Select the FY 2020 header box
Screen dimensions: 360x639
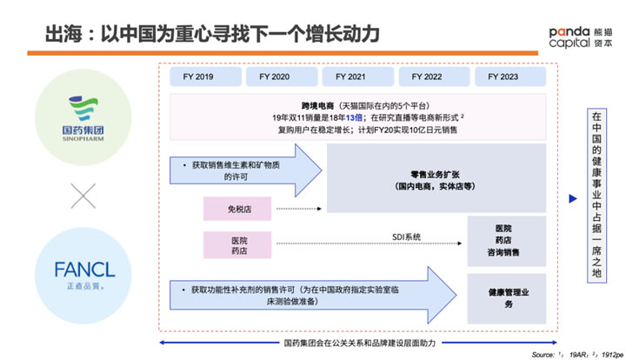pos(274,77)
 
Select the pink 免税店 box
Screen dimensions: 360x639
pos(237,209)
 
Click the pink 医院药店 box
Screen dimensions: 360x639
pos(237,244)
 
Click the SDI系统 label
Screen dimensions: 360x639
pos(405,237)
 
